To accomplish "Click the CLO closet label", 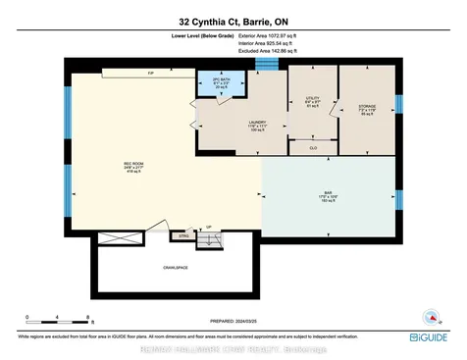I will click(x=313, y=146).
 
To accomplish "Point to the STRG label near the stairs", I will click(x=181, y=235).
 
